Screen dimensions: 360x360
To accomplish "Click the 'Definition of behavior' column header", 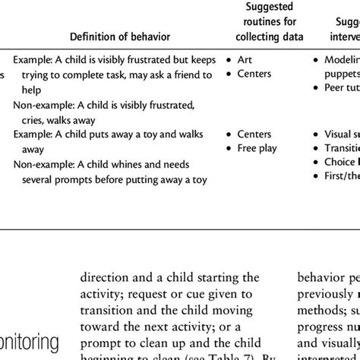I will coord(120,36).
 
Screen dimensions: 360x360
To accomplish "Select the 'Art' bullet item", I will coord(245,58).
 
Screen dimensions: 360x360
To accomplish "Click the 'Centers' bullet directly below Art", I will coord(254,74).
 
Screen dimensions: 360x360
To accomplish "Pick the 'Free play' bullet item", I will coord(257,148).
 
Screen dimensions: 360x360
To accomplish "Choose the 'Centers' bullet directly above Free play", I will coord(254,134).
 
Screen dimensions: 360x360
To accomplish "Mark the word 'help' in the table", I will coord(32,89).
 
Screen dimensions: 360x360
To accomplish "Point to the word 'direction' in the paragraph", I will coord(105,277).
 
